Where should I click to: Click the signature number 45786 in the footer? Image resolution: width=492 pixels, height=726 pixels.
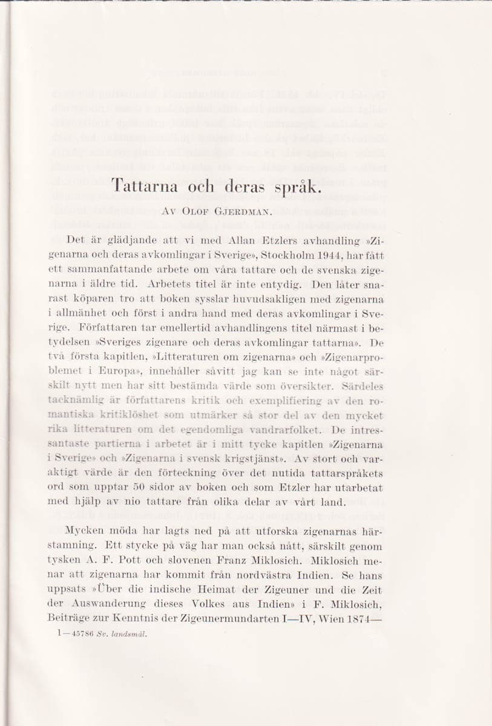77,634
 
